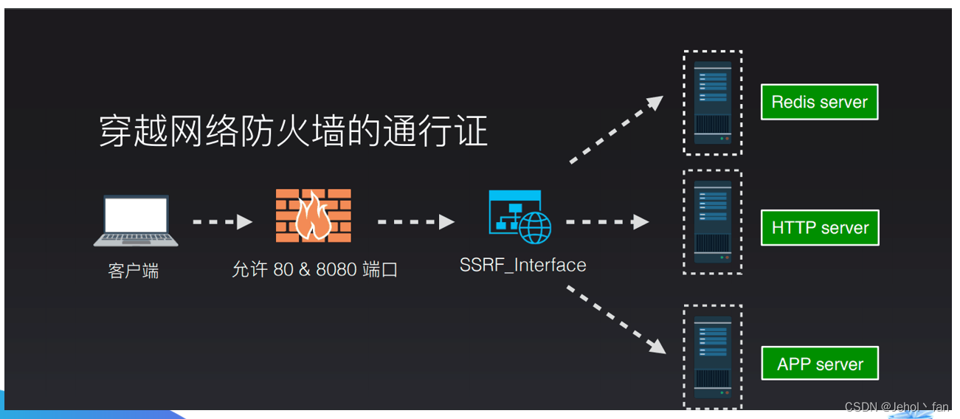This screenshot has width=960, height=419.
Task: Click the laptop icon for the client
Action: (x=136, y=221)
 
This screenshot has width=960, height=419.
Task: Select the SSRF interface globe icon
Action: (x=535, y=228)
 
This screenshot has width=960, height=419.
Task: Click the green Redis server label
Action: (x=819, y=102)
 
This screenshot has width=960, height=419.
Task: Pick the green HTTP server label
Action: (x=820, y=228)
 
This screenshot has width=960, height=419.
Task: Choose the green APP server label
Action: (x=820, y=364)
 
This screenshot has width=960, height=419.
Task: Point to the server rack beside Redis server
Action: (x=712, y=103)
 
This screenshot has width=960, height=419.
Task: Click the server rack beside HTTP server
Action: (x=712, y=222)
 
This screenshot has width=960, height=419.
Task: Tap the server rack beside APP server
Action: (x=712, y=356)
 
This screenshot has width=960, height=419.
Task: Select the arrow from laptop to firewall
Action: (x=223, y=221)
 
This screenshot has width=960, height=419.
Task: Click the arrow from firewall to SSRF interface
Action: (x=416, y=221)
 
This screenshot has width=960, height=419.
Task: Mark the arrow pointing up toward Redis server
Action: (x=616, y=130)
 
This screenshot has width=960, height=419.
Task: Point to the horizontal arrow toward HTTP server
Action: (x=607, y=221)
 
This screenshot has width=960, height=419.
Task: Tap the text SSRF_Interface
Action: (x=522, y=265)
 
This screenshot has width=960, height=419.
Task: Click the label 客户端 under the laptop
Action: (x=133, y=271)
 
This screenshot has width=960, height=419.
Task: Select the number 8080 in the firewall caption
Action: (x=336, y=270)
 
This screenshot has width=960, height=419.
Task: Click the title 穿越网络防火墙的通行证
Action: (x=293, y=132)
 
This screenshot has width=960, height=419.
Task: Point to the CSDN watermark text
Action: (x=896, y=407)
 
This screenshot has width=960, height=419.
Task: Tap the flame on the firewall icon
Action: (x=311, y=217)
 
